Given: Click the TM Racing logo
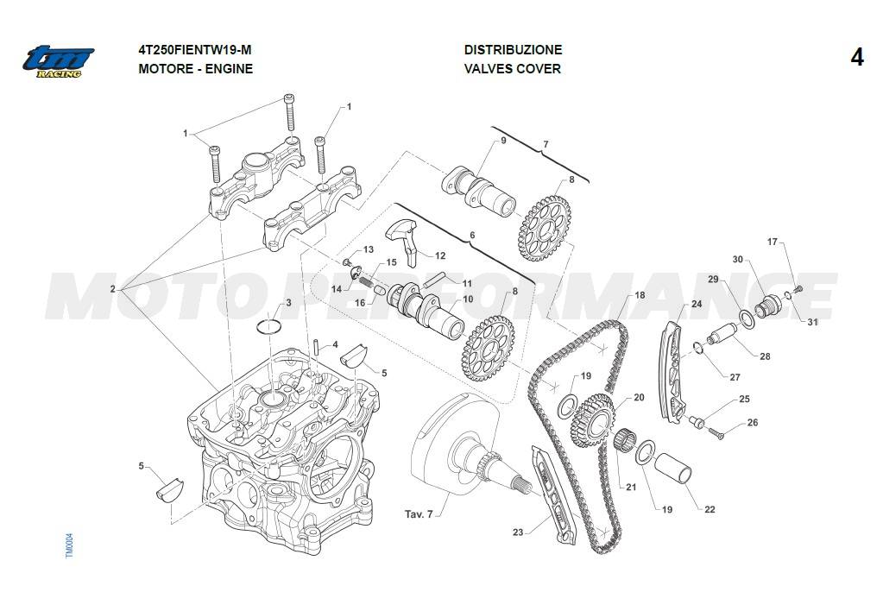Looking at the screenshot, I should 59,60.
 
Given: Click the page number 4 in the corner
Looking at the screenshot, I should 856,58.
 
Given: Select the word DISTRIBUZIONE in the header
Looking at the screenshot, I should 513,50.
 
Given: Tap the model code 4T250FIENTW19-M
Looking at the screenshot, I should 195,50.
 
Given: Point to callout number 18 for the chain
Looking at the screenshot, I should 640,295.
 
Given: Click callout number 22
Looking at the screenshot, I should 710,509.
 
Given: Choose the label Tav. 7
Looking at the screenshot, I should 419,514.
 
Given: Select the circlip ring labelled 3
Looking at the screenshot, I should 271,327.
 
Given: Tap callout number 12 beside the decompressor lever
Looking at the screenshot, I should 440,255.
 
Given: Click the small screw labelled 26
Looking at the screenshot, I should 716,433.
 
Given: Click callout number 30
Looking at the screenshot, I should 738,259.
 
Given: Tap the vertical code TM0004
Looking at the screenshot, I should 70,545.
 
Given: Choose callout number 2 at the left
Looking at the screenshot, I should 112,289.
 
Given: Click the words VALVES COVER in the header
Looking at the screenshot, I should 513,69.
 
